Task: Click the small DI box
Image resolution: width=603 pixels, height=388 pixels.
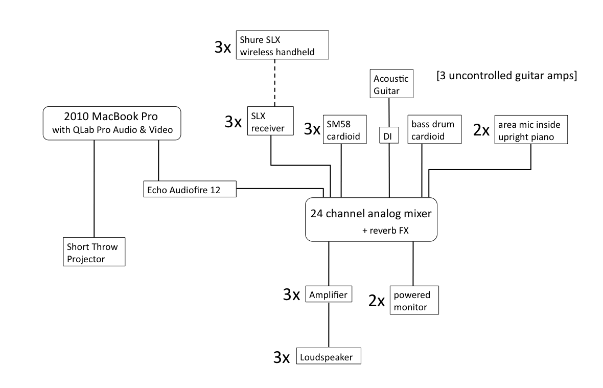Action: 389,135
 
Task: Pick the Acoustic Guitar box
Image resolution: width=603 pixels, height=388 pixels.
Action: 391,84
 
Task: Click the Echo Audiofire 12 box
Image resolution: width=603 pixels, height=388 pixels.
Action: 189,189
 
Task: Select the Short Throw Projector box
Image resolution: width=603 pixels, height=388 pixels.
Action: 94,252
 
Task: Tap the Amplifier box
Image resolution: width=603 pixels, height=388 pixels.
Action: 329,294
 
